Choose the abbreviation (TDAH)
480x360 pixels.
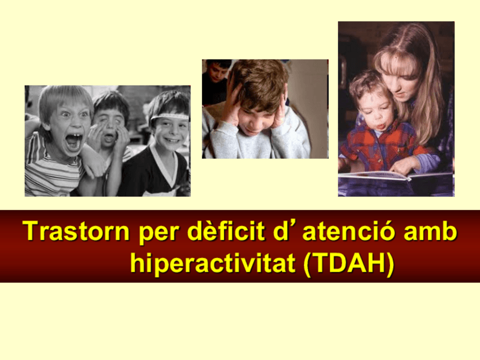348,263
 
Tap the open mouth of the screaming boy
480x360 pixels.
73,141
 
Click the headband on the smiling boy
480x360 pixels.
170,116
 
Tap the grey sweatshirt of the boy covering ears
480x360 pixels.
260,144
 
